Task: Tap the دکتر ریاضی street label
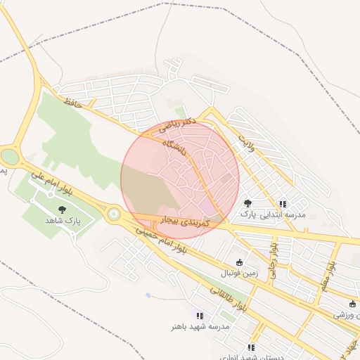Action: click(174, 124)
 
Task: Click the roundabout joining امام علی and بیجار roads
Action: click(113, 214)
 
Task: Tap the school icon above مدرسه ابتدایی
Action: click(283, 203)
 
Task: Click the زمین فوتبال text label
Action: click(239, 273)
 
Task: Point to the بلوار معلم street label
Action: click(330, 274)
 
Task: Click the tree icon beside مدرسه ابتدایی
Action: click(247, 203)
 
